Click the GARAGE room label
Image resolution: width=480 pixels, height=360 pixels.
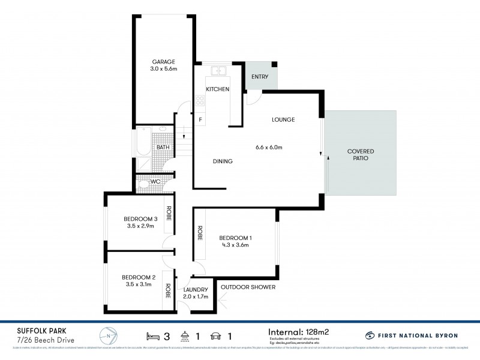[x=163, y=62]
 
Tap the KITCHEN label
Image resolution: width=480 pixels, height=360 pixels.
[x=217, y=89]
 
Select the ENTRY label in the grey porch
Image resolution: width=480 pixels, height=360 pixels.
[x=260, y=77]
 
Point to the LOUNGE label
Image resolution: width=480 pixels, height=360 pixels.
[x=283, y=120]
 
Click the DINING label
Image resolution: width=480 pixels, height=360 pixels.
[x=223, y=161]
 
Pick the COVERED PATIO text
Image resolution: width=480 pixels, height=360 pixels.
[x=361, y=155]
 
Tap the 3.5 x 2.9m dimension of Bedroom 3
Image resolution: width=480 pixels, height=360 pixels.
[x=140, y=226]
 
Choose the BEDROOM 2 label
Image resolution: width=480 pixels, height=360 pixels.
[x=139, y=277]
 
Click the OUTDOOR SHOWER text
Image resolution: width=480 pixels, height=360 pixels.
[x=248, y=287]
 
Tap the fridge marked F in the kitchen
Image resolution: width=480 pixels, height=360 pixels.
[x=200, y=119]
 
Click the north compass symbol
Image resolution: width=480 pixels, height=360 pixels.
[x=107, y=335]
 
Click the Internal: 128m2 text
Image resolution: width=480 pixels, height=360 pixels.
[x=299, y=331]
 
